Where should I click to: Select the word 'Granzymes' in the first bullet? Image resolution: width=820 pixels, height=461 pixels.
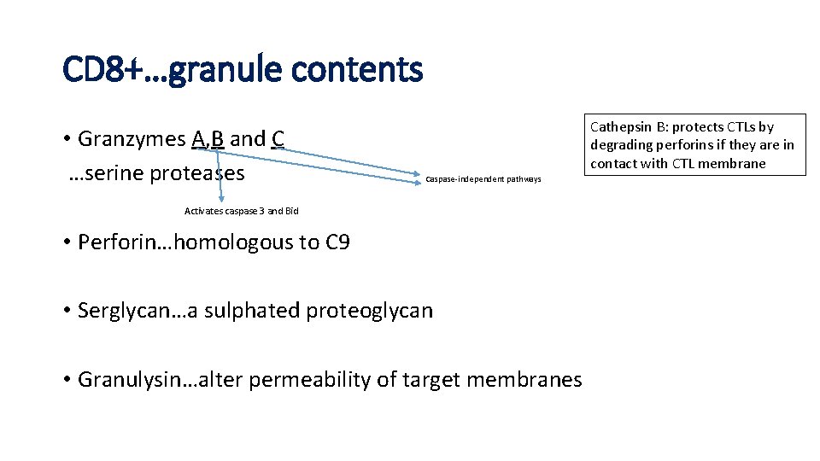tap(132, 139)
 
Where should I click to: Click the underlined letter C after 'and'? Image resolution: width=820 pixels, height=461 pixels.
tap(278, 139)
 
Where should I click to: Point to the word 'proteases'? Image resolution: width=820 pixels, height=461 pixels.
tap(197, 174)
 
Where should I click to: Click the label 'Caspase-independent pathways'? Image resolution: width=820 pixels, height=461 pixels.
tap(483, 179)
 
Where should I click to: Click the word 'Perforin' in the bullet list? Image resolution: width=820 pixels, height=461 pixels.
tap(113, 242)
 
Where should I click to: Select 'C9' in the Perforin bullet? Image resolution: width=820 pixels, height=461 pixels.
tap(337, 242)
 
